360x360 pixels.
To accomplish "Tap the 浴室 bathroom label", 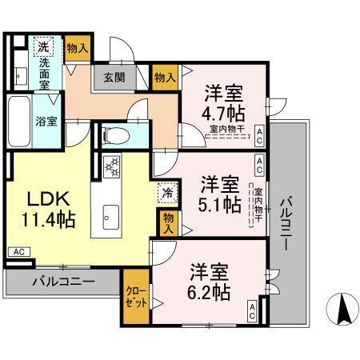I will (x=22, y=122).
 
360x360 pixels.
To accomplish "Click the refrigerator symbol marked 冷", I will (x=167, y=192).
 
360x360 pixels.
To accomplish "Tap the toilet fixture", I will (x=113, y=134).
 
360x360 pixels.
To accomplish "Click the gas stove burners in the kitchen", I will (x=112, y=168).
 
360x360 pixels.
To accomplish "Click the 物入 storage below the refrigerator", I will (x=167, y=222).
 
